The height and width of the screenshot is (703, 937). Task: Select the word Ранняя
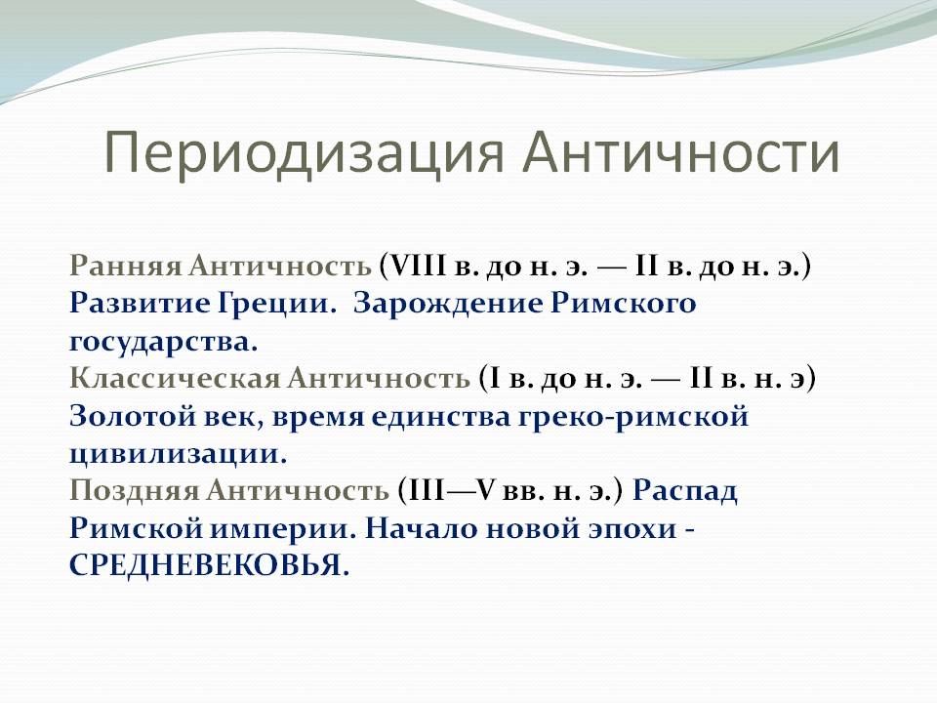[x=125, y=266]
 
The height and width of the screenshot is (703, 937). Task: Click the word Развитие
[x=140, y=303]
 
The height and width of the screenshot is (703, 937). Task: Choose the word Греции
[x=276, y=305]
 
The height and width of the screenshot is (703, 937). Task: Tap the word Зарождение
[x=448, y=305]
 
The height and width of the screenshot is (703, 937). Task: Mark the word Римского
[x=624, y=303]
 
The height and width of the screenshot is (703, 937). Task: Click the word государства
[x=163, y=343]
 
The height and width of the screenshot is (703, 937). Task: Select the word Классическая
[x=175, y=379]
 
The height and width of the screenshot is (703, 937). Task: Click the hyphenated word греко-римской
[x=632, y=417]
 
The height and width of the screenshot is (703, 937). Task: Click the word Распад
[x=685, y=491]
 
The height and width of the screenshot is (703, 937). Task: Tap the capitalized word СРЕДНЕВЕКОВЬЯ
[x=209, y=566]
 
